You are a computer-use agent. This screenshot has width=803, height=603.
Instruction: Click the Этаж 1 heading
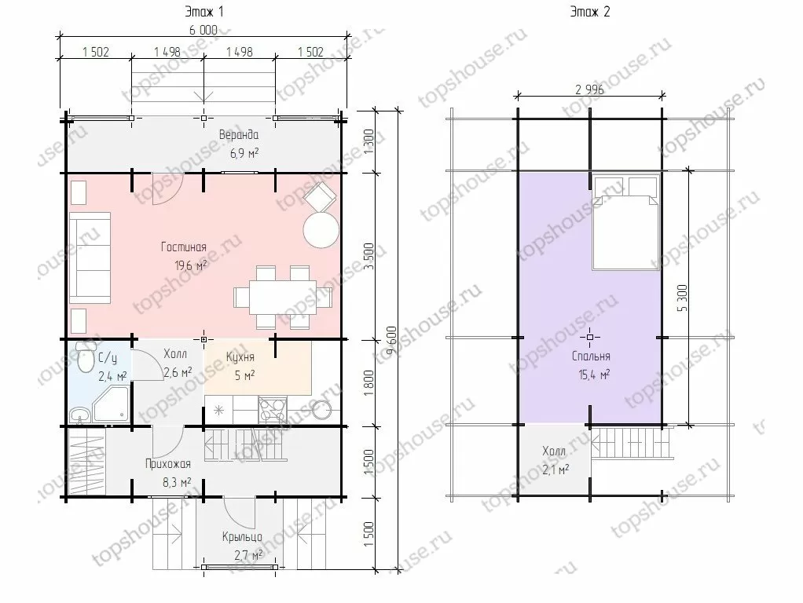click(203, 12)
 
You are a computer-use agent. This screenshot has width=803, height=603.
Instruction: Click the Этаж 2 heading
click(590, 12)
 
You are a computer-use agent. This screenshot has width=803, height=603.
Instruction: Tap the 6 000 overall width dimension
click(203, 30)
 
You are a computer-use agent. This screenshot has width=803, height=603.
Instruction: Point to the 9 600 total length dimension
click(390, 341)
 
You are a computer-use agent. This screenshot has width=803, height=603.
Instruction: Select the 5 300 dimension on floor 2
click(682, 298)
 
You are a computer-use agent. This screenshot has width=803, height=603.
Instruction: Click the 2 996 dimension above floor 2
click(589, 90)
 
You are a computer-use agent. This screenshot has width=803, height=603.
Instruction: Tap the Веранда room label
click(239, 134)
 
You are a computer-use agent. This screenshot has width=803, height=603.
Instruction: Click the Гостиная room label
click(184, 247)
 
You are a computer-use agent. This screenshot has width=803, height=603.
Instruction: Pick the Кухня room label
click(240, 356)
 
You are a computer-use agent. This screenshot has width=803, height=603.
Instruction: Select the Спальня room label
click(591, 356)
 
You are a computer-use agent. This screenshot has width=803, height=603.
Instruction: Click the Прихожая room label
click(168, 464)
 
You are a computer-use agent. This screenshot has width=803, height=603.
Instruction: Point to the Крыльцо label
click(242, 536)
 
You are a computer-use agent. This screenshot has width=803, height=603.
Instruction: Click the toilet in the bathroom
click(85, 356)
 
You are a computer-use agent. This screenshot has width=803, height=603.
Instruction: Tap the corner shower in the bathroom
click(110, 404)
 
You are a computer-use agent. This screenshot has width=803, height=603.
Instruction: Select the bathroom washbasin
click(79, 415)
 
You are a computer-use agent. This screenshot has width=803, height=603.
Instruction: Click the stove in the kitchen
click(273, 410)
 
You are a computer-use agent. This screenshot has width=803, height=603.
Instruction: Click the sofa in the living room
click(90, 258)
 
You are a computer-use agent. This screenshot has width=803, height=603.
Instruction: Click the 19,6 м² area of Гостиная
click(190, 265)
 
